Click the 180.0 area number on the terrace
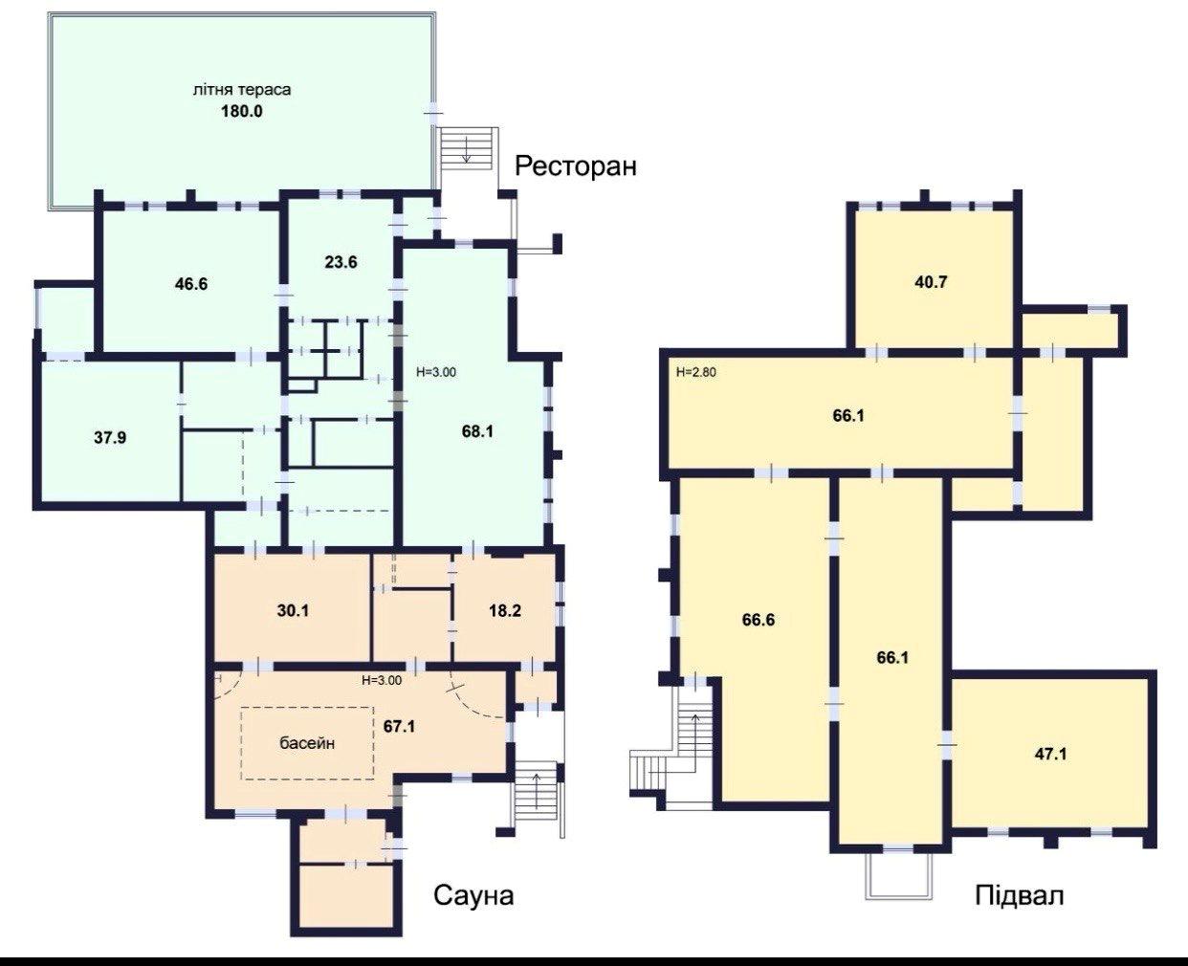241,112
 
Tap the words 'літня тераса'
241,90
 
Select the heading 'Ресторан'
575,166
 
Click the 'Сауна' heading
473,896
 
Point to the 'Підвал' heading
1020,896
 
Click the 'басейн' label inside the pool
307,743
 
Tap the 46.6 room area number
191,284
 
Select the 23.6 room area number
341,261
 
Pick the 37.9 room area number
110,437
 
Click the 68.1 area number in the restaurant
477,431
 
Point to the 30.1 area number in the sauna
293,611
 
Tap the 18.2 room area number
505,611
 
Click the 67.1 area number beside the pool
399,726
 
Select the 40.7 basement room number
931,282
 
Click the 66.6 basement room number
759,620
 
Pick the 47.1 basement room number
1051,754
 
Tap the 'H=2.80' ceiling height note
696,372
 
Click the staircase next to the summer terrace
466,148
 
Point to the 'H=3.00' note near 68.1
436,372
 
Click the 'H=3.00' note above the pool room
382,680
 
